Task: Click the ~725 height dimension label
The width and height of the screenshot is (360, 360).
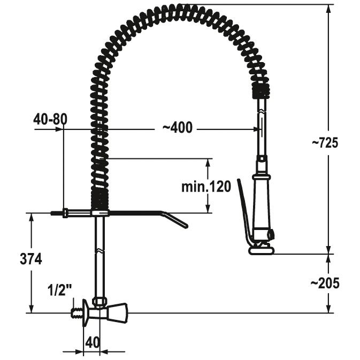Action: [x=325, y=143]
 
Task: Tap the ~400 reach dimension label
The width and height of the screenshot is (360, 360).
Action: [x=177, y=127]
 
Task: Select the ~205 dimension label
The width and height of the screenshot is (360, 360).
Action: [x=325, y=283]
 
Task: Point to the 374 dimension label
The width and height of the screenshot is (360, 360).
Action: [x=31, y=259]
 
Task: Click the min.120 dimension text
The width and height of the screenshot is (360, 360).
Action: [x=206, y=187]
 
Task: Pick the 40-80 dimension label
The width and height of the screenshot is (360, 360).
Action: [x=50, y=119]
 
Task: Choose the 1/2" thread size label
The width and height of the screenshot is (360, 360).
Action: [x=59, y=290]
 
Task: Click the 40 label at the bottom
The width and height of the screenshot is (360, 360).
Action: [x=93, y=342]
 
